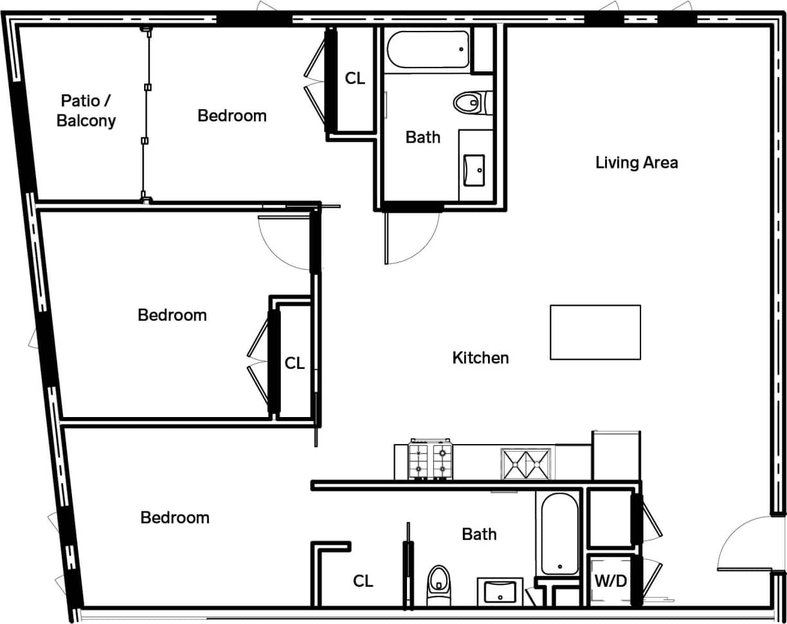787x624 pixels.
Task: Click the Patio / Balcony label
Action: [x=86, y=111]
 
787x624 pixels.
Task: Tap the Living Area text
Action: [x=636, y=162]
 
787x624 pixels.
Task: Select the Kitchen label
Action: [x=480, y=358]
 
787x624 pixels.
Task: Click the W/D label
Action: [x=610, y=582]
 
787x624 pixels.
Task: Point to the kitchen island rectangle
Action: [x=595, y=332]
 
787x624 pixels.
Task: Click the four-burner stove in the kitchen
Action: [x=430, y=461]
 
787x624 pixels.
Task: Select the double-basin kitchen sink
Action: [x=526, y=464]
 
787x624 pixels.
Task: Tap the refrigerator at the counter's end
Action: [x=615, y=456]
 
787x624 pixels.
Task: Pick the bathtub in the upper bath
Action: [x=428, y=49]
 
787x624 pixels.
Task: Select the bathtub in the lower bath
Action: [x=559, y=534]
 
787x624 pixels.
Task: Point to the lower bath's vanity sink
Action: [x=500, y=592]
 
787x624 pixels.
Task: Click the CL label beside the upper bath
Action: [x=355, y=78]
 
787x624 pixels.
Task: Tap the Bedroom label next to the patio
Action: [x=231, y=116]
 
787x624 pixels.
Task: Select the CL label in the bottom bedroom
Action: [x=363, y=581]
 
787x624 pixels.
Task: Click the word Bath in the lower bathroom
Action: [x=479, y=534]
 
